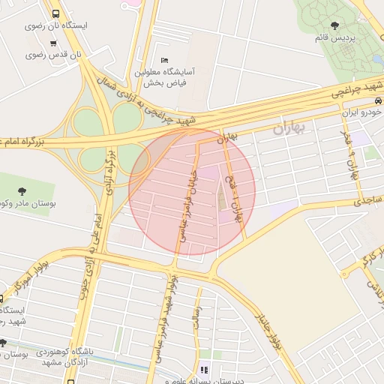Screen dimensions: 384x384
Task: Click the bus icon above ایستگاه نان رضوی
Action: click(55, 13)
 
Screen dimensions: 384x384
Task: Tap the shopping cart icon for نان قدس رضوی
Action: click(52, 44)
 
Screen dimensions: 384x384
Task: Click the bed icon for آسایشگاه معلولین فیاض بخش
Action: click(164, 61)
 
